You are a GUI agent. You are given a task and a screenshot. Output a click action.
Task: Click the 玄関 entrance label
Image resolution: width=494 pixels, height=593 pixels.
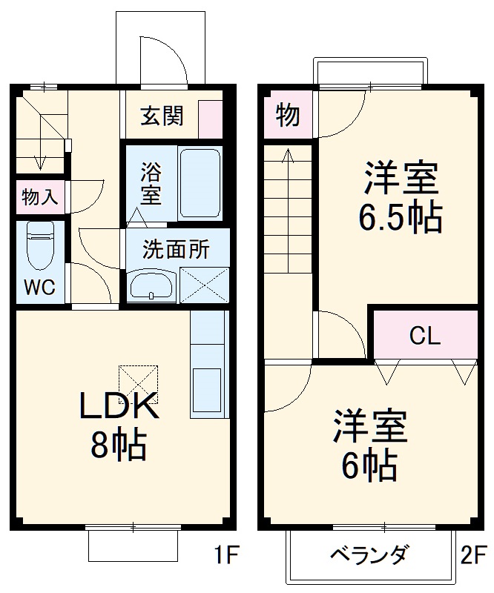[163, 116]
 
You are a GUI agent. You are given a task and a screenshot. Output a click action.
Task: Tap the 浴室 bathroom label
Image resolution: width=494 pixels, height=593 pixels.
[151, 185]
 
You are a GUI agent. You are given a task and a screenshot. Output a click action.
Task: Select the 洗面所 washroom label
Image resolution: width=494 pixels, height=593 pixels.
[176, 249]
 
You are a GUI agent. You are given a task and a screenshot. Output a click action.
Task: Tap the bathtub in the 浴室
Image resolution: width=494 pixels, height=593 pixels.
[200, 182]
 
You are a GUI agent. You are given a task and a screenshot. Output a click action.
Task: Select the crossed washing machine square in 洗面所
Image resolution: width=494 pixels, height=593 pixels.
[204, 284]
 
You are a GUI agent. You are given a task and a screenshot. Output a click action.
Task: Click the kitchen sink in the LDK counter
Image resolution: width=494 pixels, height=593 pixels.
[208, 388]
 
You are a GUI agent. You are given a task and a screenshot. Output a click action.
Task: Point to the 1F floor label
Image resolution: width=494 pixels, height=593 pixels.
[226, 554]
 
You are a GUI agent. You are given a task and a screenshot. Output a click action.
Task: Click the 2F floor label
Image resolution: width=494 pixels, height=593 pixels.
[472, 554]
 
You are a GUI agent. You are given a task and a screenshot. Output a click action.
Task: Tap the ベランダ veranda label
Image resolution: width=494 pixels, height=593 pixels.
[368, 554]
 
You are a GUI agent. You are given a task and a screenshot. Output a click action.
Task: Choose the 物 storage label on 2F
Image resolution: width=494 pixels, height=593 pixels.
[288, 116]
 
